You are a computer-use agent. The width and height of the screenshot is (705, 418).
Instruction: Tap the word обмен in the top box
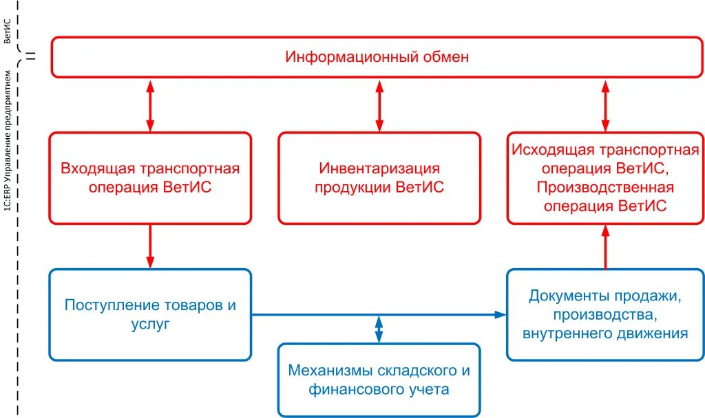[445, 57]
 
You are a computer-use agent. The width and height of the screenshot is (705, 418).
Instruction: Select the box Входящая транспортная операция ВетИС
[150, 177]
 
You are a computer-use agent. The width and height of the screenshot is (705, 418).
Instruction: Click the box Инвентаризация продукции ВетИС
[379, 177]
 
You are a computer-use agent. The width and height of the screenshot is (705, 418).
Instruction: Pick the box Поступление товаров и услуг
[150, 314]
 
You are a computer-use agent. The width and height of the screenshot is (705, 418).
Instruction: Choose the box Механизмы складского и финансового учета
[379, 380]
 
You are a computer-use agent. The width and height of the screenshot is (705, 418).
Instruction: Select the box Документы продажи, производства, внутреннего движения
[605, 314]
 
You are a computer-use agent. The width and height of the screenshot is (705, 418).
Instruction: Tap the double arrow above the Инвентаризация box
[379, 104]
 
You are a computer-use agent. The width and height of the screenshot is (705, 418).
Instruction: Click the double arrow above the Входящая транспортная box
[150, 104]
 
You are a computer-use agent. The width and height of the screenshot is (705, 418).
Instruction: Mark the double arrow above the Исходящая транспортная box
[605, 104]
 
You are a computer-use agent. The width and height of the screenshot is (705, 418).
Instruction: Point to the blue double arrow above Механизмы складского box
[379, 329]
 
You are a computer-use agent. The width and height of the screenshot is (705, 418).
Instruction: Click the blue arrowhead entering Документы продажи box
[501, 315]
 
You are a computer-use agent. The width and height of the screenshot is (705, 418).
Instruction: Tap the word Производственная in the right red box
[605, 187]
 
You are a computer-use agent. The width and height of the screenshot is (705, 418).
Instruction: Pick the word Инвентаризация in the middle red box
[379, 168]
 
